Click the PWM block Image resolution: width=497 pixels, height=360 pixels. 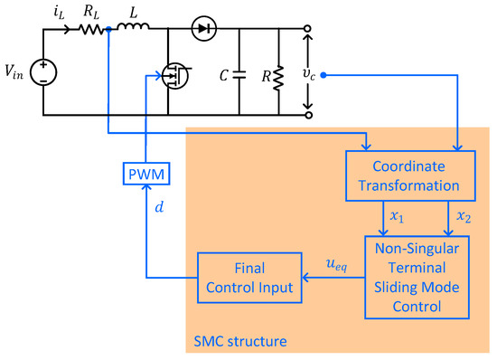[x=143, y=172]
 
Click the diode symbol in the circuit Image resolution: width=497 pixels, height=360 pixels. [x=202, y=29]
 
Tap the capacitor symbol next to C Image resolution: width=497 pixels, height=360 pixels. [x=240, y=73]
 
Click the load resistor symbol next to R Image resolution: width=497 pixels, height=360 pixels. [x=279, y=73]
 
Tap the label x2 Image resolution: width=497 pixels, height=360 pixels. [x=463, y=218]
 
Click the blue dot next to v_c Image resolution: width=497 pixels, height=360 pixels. [x=323, y=75]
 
